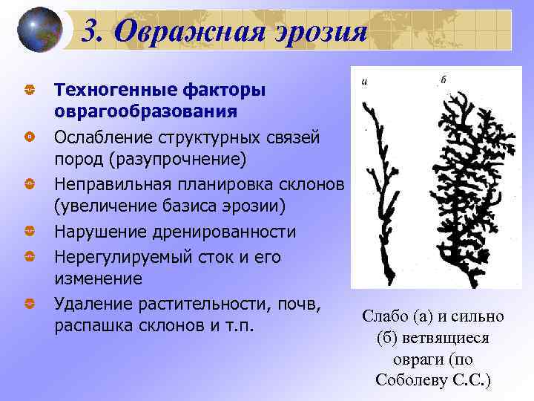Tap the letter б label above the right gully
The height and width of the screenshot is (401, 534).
point(443,79)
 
